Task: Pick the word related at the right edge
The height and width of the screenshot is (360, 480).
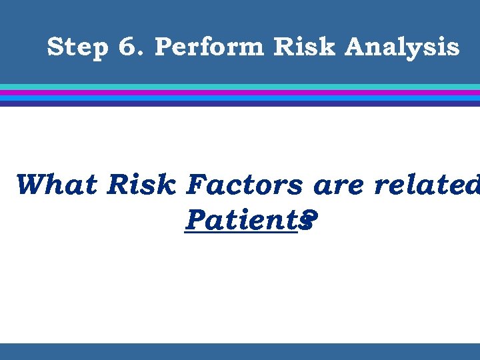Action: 427,185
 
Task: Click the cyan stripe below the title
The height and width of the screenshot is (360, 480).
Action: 240,87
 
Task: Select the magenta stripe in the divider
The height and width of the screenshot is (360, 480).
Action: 240,93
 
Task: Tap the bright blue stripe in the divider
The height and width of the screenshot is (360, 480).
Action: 240,98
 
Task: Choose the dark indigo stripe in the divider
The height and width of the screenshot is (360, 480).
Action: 240,103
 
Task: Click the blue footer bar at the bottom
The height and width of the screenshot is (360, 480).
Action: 240,351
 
